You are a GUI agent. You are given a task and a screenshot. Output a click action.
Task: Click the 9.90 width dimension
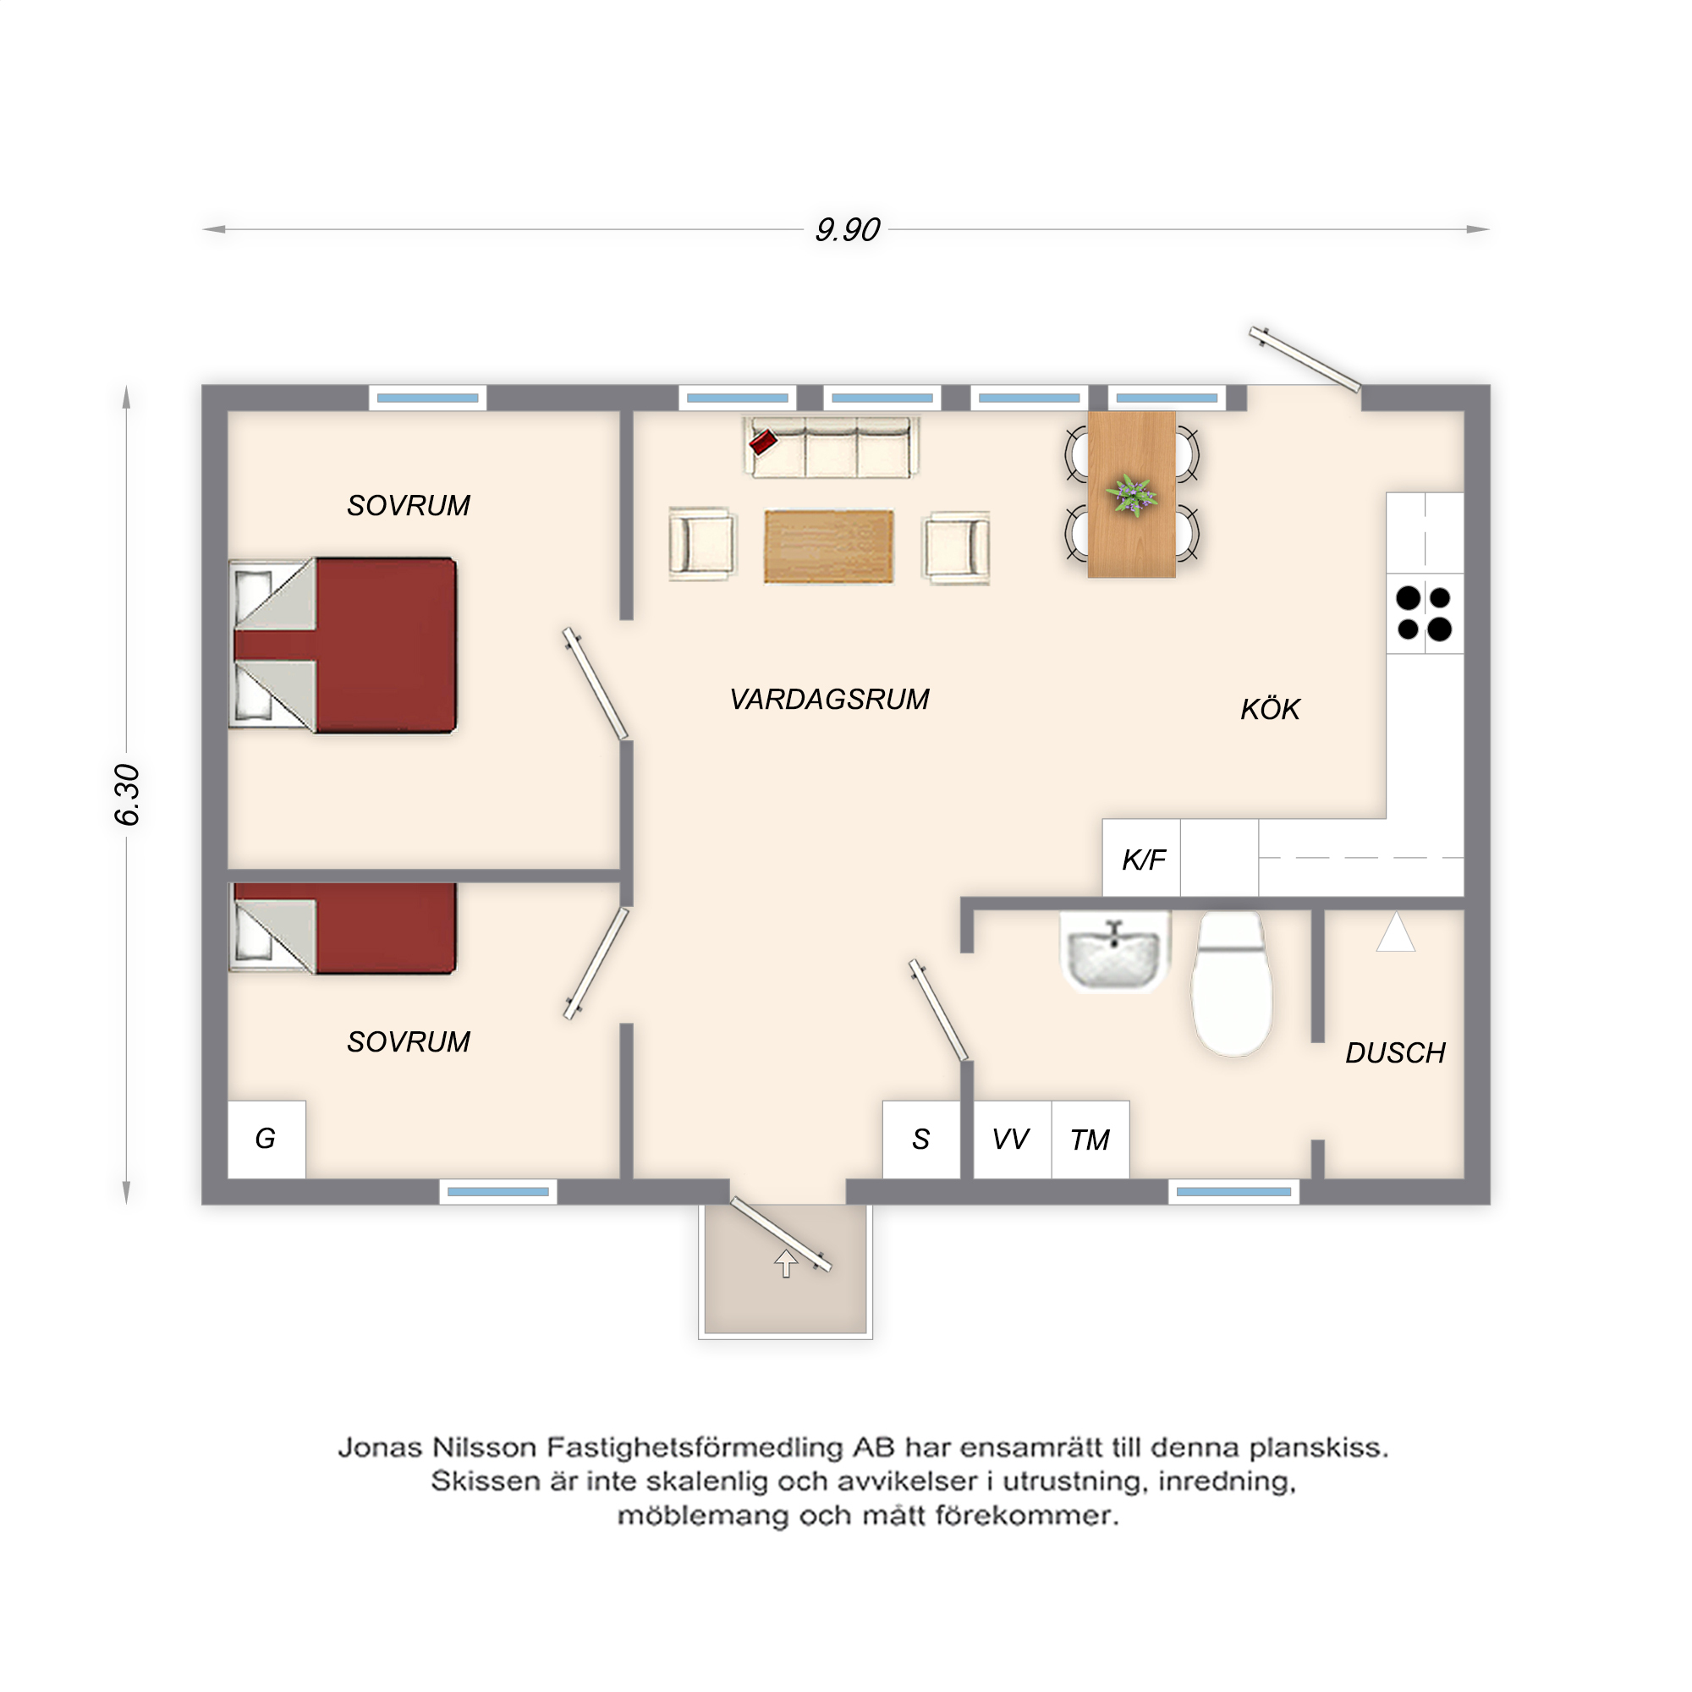point(847,229)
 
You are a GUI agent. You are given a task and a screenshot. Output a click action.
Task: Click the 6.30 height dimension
point(127,794)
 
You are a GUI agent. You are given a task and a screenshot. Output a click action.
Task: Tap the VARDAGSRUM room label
point(829,699)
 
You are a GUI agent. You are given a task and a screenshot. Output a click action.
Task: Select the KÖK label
point(1270,708)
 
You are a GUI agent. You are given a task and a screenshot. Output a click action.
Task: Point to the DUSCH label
point(1395,1052)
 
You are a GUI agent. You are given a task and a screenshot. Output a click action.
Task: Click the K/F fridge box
point(1142,858)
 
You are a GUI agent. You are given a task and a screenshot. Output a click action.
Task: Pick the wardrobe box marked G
point(266,1140)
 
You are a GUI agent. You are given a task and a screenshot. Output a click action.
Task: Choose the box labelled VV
point(1012,1140)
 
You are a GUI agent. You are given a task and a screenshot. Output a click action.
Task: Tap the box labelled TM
point(1090,1140)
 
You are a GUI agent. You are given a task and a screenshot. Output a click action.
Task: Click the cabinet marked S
point(921,1140)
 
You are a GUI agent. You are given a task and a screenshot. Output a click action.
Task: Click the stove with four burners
point(1425,613)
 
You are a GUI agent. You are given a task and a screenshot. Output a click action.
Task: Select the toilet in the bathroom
point(1233,985)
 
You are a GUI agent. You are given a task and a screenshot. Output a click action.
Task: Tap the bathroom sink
point(1115,953)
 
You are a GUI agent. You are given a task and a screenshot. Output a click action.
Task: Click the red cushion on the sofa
point(763,442)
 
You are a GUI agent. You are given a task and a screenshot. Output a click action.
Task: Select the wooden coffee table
point(828,547)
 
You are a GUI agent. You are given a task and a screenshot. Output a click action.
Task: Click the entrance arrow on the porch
point(786,1263)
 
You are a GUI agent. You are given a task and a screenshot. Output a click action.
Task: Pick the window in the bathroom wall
point(1233,1192)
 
